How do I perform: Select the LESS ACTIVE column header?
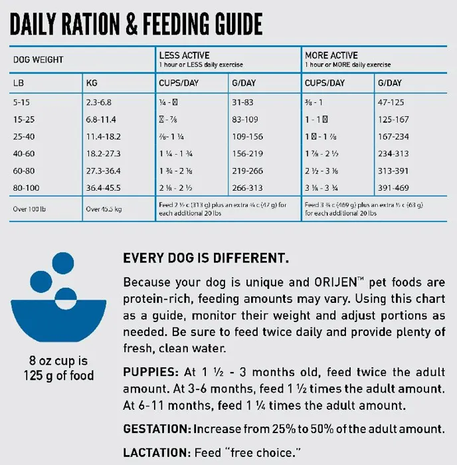click(x=184, y=55)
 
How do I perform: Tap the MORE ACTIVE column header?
click(x=331, y=55)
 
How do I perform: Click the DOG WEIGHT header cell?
click(x=39, y=60)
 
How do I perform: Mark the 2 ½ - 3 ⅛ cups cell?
click(x=326, y=170)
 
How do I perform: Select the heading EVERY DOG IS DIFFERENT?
click(x=206, y=257)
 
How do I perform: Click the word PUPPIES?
click(x=150, y=372)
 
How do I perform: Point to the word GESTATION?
click(x=158, y=429)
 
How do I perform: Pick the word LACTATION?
click(x=157, y=452)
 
